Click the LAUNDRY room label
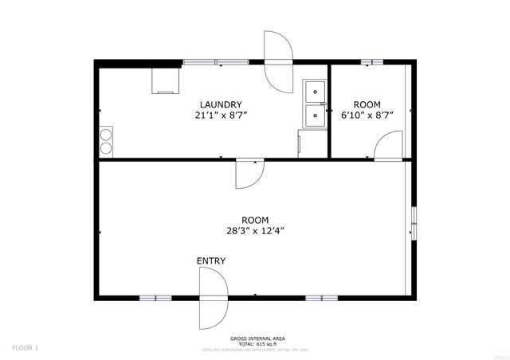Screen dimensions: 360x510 tap(221, 104)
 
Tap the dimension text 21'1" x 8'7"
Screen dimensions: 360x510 tap(221, 115)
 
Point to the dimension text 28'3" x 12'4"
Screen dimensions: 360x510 tap(255, 231)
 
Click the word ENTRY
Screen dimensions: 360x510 tap(211, 260)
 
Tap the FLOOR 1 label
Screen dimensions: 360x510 tap(25, 347)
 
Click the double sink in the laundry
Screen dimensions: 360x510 tap(316, 104)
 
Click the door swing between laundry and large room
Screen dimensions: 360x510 tap(249, 174)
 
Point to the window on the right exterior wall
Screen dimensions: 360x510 tap(413, 224)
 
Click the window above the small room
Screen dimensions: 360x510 tap(371, 61)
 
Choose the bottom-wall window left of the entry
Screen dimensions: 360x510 tap(155, 298)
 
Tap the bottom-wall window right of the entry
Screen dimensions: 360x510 tap(322, 298)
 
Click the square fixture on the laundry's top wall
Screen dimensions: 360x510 tap(167, 80)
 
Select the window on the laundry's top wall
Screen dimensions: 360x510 tap(215, 61)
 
